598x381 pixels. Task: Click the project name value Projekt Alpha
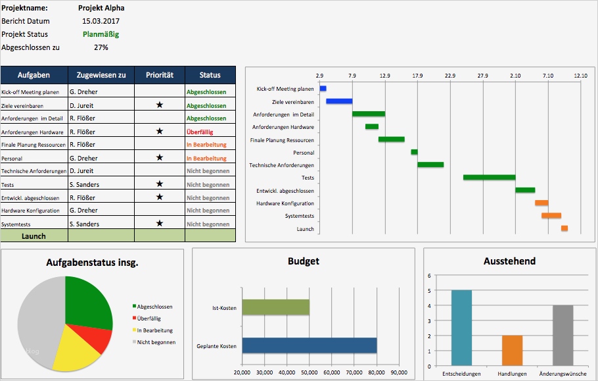(101, 8)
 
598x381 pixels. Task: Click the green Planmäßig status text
(101, 34)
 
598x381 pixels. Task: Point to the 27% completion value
(101, 47)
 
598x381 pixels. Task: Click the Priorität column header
(159, 75)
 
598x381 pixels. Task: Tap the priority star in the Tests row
(159, 184)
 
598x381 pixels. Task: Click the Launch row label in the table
(34, 236)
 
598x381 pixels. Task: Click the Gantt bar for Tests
(489, 178)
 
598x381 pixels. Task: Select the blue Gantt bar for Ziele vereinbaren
(339, 101)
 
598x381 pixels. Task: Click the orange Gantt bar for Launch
(564, 228)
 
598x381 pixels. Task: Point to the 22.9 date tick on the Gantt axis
(450, 76)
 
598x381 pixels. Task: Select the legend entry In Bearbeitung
(154, 330)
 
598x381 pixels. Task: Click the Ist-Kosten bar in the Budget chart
(275, 307)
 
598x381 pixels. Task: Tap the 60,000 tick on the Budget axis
(332, 373)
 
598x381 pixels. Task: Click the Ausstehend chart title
(509, 261)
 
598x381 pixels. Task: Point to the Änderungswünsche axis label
(563, 374)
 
